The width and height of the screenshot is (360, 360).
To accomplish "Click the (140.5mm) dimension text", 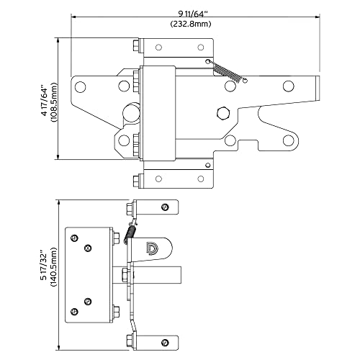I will (x=55, y=265).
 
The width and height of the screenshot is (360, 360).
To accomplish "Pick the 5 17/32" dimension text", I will (x=44, y=265).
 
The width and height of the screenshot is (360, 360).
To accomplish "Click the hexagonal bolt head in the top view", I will (x=222, y=112).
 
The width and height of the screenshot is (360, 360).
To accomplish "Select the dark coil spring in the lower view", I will (x=130, y=232).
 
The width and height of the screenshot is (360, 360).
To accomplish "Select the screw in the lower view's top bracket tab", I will (x=166, y=207).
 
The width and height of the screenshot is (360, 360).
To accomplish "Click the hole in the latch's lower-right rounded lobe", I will (x=291, y=140).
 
